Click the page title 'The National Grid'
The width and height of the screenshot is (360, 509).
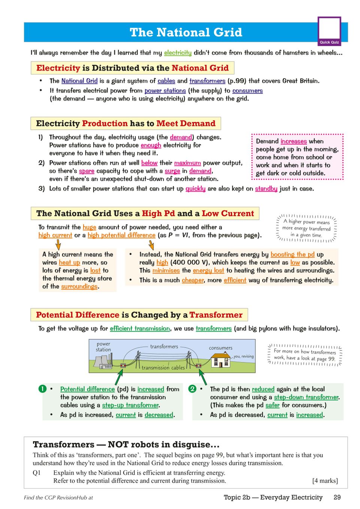tap(186, 33)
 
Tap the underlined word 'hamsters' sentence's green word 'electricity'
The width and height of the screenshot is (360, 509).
tap(178, 53)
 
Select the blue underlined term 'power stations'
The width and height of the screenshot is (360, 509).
tap(165, 91)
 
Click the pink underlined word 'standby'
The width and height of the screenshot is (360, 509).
tap(266, 189)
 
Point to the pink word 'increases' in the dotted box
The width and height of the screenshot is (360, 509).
tap(294, 141)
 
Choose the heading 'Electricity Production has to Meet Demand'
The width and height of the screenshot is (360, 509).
tap(125, 124)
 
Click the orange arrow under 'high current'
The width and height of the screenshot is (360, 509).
tap(58, 244)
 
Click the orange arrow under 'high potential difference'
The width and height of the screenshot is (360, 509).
tap(151, 244)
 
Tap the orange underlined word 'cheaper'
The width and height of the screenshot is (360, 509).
tap(193, 280)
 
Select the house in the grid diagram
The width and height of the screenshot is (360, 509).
tap(220, 360)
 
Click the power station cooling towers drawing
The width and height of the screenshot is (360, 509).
tap(102, 362)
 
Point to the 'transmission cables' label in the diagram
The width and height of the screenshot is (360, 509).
tap(163, 368)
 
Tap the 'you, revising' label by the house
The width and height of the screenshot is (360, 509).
tap(243, 356)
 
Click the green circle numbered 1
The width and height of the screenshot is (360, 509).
tap(43, 389)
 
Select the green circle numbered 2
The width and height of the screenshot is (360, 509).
tap(193, 389)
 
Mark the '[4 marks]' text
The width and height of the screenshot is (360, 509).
tap(325, 481)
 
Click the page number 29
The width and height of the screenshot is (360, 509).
tap(337, 497)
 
